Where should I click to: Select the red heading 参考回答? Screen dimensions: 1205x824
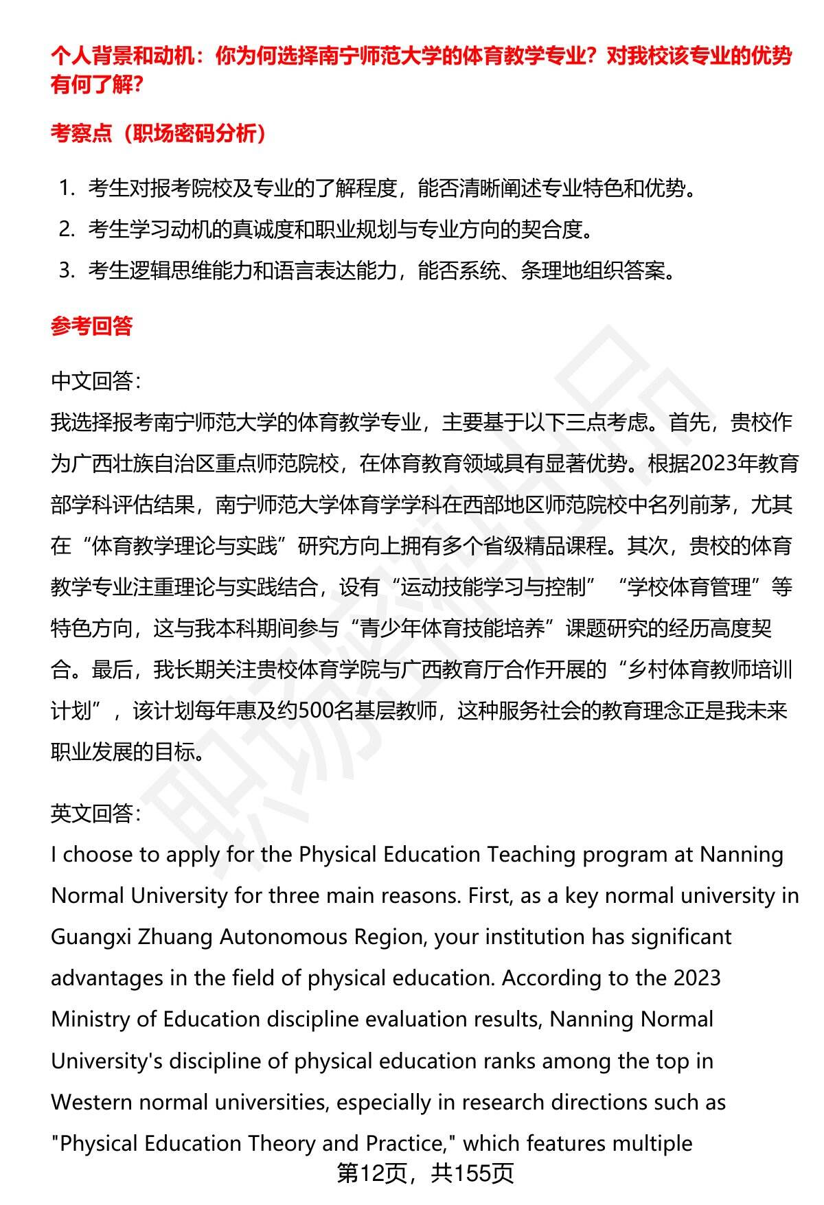tap(91, 326)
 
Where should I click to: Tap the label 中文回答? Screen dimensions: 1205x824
tap(95, 381)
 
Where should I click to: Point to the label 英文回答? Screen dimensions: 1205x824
tap(95, 814)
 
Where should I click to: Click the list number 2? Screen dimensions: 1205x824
tap(66, 230)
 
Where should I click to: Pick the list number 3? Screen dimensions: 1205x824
tap(66, 271)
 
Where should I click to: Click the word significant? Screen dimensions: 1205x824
tap(679, 937)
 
